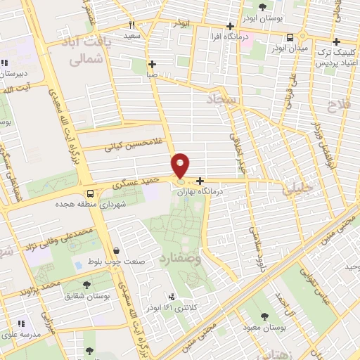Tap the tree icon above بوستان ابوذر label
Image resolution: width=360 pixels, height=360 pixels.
[x=262, y=7]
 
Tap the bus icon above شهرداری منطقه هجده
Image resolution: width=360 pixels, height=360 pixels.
[x=90, y=193]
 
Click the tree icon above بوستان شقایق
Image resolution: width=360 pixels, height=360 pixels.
[x=86, y=284]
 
